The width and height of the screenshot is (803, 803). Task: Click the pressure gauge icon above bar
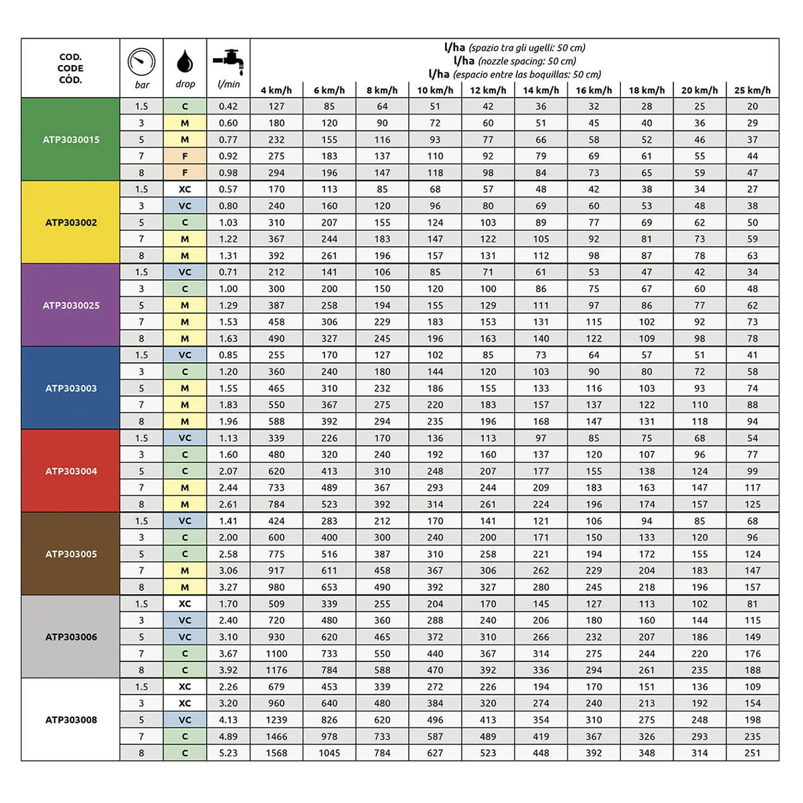141,62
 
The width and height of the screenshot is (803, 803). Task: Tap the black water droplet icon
185,61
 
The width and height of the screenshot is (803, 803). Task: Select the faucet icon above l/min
228,61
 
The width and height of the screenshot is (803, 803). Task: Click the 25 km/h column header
752,90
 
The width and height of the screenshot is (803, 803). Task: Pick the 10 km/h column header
435,90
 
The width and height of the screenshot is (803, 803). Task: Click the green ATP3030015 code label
71,140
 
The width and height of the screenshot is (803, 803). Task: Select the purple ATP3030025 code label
71,306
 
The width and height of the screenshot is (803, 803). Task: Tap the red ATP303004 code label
71,471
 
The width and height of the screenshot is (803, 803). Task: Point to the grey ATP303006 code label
71,637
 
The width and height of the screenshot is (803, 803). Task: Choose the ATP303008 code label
71,720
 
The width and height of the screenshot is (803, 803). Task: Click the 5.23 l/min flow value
228,753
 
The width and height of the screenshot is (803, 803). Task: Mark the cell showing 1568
276,753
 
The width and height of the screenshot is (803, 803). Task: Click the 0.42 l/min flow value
228,106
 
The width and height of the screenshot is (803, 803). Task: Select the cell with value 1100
276,654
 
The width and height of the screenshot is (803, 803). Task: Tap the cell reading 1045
329,753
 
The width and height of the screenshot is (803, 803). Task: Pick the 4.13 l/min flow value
228,720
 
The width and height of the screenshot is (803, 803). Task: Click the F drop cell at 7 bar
185,156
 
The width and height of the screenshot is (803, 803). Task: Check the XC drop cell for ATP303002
185,189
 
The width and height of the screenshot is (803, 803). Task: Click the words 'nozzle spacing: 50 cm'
527,61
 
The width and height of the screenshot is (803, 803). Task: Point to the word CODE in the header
70,68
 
